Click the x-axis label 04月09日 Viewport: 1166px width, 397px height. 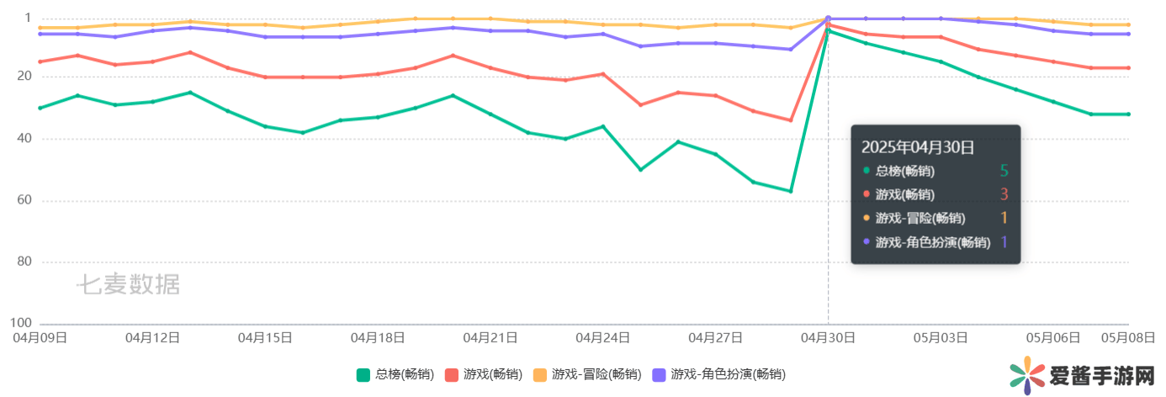[39, 338]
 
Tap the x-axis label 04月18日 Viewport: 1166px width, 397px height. [378, 338]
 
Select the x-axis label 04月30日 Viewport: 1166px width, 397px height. [828, 338]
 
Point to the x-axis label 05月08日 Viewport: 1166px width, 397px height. [1127, 338]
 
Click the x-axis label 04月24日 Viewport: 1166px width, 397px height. [603, 338]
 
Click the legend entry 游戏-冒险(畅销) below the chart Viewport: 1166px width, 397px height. [596, 374]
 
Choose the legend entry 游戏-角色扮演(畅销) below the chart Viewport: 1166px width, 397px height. [728, 374]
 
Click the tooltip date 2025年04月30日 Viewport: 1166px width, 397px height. [918, 148]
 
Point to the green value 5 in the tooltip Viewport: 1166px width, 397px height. [1004, 172]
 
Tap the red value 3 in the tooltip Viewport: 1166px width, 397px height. [1004, 195]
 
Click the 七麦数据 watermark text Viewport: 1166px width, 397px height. [129, 284]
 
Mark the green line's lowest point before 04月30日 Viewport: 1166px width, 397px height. [791, 191]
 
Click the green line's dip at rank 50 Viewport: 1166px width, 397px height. [640, 170]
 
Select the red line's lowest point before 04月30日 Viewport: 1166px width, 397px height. [791, 120]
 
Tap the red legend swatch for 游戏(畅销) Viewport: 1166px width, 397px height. [451, 374]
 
